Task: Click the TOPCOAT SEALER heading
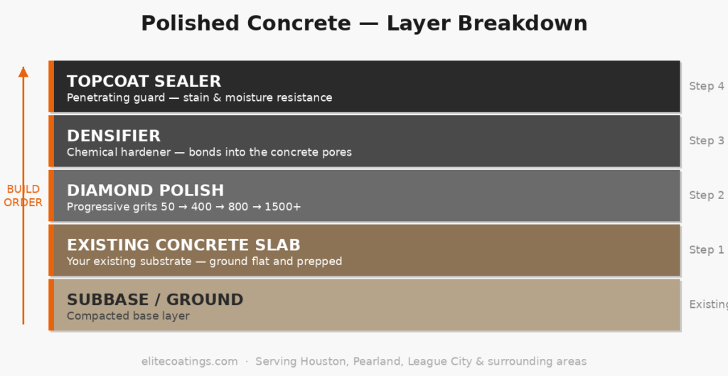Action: tap(144, 81)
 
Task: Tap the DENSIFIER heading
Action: tap(114, 136)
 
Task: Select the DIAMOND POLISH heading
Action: tap(145, 190)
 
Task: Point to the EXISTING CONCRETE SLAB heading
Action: tap(183, 245)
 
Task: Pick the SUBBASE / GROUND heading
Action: tap(155, 300)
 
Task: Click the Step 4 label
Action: tap(706, 86)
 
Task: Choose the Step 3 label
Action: tap(706, 141)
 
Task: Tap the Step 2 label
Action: tap(706, 195)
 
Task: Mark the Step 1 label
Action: tap(706, 249)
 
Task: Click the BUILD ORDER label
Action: tap(23, 196)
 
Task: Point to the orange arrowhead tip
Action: tap(23, 68)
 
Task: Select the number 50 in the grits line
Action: tap(168, 207)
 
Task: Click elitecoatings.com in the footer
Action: tap(189, 362)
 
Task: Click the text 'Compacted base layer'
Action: tap(128, 316)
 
